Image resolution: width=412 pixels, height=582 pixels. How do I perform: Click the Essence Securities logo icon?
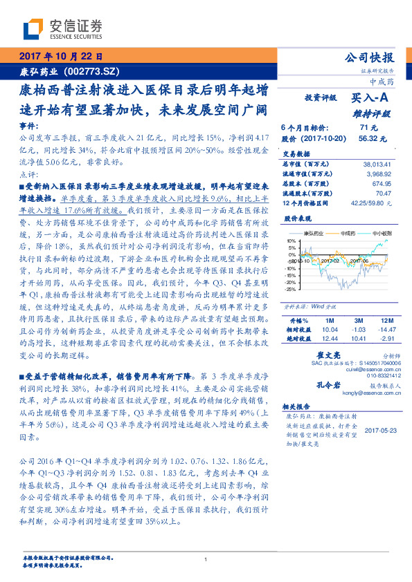[x=33, y=28]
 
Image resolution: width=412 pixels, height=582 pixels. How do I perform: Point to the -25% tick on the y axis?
[x=290, y=290]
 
